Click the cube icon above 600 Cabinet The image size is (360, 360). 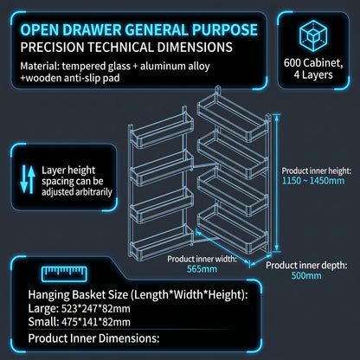pyautogui.click(x=313, y=36)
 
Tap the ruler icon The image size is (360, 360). pyautogui.click(x=64, y=273)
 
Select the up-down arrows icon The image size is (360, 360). pyautogui.click(x=28, y=179)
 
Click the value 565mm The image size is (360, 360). pyautogui.click(x=202, y=269)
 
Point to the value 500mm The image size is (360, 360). pyautogui.click(x=306, y=275)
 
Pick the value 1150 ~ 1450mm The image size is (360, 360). pyautogui.click(x=313, y=181)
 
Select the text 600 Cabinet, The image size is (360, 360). pyautogui.click(x=313, y=62)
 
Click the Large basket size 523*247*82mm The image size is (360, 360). pyautogui.click(x=96, y=309)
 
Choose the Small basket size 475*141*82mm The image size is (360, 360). pyautogui.click(x=96, y=322)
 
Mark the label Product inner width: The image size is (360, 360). pyautogui.click(x=202, y=259)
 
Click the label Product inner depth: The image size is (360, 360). pyautogui.click(x=306, y=265)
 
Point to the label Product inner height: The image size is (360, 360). pyautogui.click(x=317, y=170)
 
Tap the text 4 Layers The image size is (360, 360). pyautogui.click(x=313, y=75)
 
